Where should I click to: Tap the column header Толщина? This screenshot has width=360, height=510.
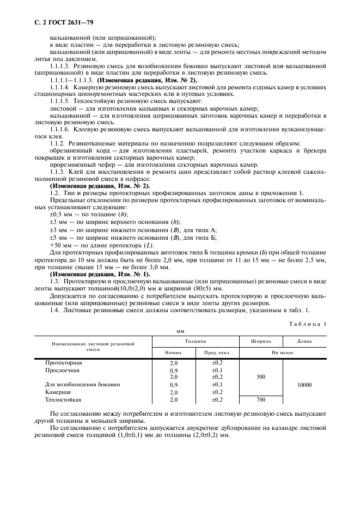(x=195, y=341)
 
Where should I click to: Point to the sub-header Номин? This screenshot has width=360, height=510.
(x=174, y=353)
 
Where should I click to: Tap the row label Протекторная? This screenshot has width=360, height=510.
(x=64, y=362)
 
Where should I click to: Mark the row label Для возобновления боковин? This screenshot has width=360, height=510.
(x=82, y=385)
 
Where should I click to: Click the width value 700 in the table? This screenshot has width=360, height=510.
(x=261, y=399)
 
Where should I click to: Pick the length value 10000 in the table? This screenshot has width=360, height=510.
(x=304, y=385)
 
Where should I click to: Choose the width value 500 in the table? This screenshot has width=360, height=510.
(x=261, y=377)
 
